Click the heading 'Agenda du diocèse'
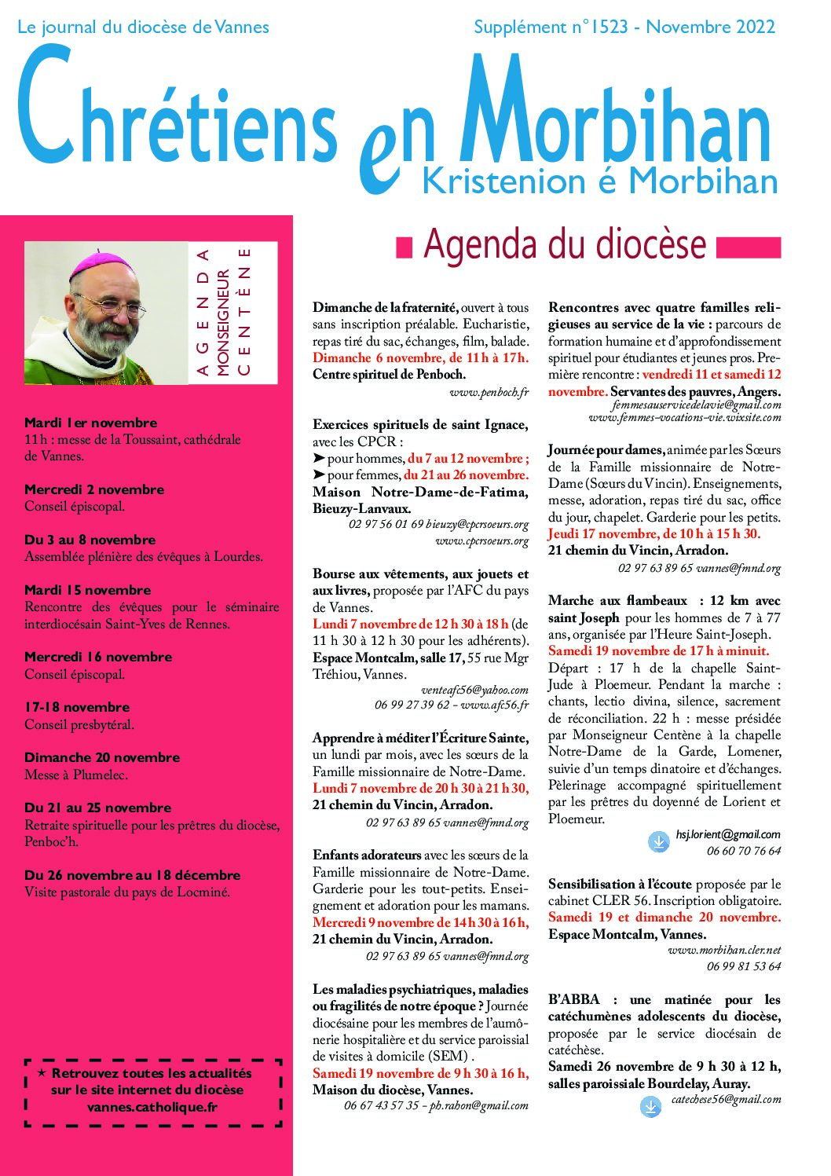(x=565, y=245)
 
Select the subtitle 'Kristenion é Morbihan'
(x=600, y=181)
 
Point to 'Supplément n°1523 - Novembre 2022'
(x=624, y=27)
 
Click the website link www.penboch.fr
(x=489, y=391)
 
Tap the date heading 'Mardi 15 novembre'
(x=87, y=590)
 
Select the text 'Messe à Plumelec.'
(x=76, y=775)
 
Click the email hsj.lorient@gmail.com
(x=728, y=834)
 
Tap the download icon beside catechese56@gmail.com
(x=650, y=1107)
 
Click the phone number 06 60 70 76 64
(x=743, y=851)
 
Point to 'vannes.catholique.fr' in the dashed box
(x=152, y=1107)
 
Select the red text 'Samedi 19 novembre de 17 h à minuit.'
(x=658, y=650)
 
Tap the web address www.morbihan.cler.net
(x=724, y=950)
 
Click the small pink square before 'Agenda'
(x=404, y=247)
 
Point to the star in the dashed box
(x=41, y=1072)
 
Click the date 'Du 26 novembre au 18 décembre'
(x=132, y=875)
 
